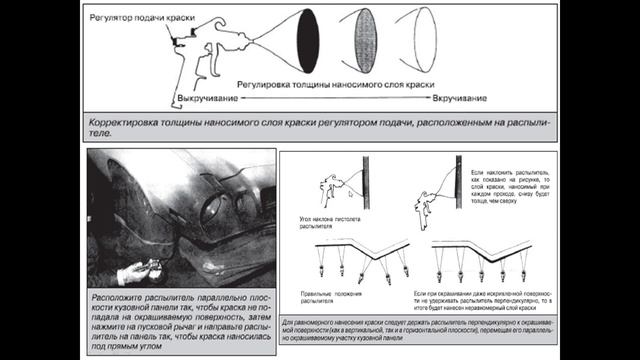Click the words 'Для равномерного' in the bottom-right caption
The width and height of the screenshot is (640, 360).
tap(310, 325)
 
